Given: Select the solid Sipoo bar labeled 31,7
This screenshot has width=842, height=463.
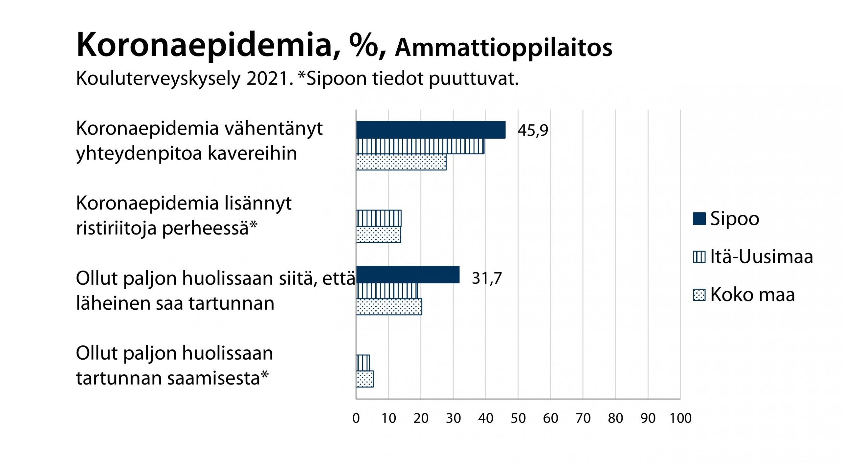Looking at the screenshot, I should click(x=408, y=275).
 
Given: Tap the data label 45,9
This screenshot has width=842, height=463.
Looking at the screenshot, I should click(x=532, y=130).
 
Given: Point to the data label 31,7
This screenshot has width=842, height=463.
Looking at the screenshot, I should click(x=486, y=278).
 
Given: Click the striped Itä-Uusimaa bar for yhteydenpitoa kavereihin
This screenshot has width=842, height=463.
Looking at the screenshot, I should click(x=420, y=146).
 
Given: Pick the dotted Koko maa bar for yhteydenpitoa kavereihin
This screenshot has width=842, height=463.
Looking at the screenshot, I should click(x=401, y=162).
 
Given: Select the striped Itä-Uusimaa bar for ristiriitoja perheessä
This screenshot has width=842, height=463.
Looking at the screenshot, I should click(x=379, y=218).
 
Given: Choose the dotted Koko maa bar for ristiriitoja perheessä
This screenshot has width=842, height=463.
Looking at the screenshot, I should click(x=378, y=234).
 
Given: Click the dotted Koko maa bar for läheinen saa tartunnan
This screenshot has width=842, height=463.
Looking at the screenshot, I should click(x=389, y=307).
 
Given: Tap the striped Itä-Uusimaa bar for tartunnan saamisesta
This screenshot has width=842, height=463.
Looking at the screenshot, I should click(x=363, y=363).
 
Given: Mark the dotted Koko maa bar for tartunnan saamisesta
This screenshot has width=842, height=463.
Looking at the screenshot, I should click(x=364, y=379).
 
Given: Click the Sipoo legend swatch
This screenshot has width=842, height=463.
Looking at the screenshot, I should click(x=699, y=219).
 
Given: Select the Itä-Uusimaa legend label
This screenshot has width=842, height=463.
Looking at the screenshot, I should click(x=761, y=257).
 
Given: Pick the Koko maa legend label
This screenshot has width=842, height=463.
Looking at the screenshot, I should click(x=752, y=295).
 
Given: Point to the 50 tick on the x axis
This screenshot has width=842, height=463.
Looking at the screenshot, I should click(x=518, y=418).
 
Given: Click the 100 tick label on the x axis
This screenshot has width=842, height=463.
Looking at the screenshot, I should click(x=681, y=418).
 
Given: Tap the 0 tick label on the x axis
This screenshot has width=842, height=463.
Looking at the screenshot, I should click(x=356, y=418).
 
